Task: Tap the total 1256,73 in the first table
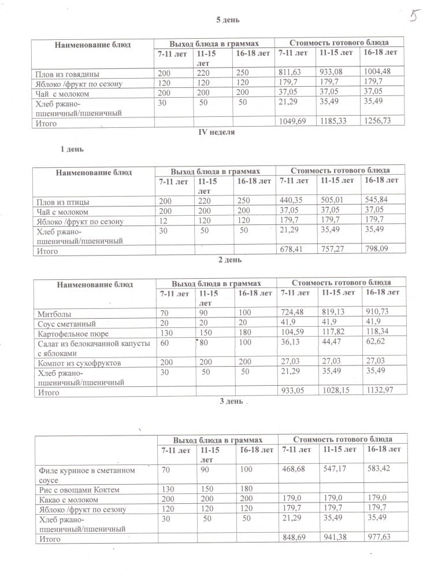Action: click(x=376, y=123)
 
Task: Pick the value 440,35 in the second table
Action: click(x=291, y=202)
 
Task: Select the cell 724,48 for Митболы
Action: click(x=291, y=313)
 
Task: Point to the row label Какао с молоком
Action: click(x=67, y=498)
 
